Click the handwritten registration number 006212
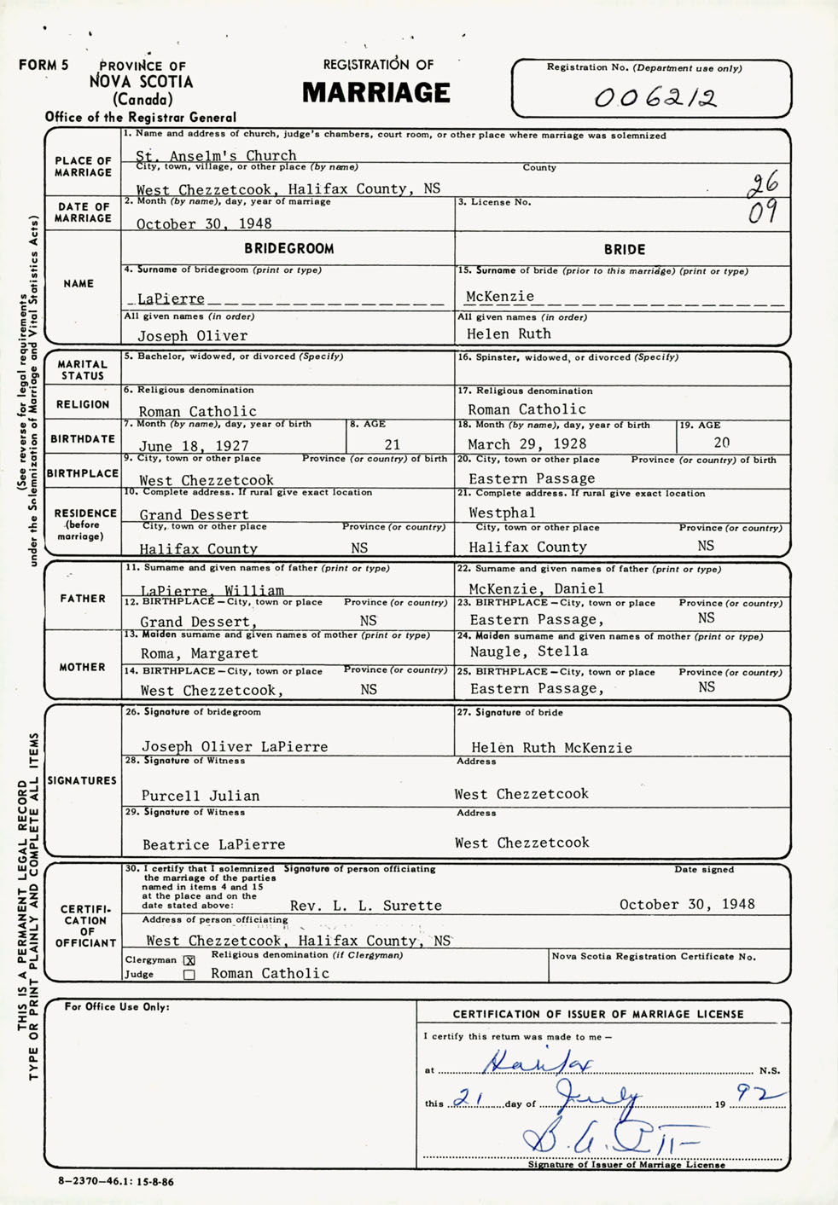click(655, 98)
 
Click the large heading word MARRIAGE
click(375, 93)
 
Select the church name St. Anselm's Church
click(216, 155)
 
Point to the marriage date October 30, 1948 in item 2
click(204, 223)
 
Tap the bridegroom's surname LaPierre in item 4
click(171, 298)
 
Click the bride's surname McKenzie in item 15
click(500, 297)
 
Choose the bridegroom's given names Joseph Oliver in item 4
click(193, 336)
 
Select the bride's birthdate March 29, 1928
click(527, 443)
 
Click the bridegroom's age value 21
click(392, 444)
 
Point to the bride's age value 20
click(722, 443)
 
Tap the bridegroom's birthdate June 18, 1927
click(194, 445)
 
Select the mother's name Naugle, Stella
click(528, 652)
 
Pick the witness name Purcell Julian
click(201, 796)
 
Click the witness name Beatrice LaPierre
click(214, 844)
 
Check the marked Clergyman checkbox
click(189, 960)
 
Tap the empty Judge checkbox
click(189, 975)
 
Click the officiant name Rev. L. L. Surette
click(366, 906)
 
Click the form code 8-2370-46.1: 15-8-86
click(116, 1182)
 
